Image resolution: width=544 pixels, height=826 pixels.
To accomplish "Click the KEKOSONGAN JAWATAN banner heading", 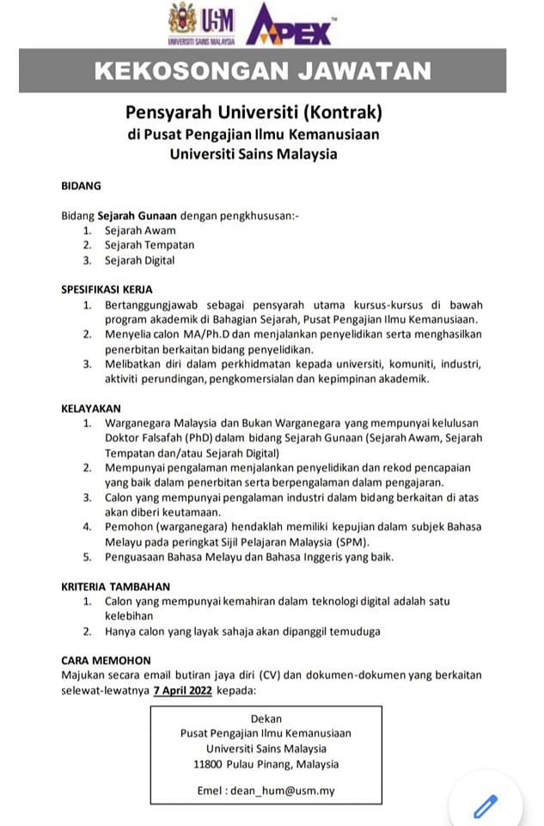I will [262, 71].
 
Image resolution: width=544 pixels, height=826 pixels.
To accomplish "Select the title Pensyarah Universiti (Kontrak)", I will [253, 113].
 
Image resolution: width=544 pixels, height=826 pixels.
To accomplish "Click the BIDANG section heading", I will [82, 185].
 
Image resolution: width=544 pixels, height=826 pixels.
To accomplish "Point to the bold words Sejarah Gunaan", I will [132, 214].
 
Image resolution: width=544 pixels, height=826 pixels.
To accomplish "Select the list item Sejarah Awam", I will [140, 230].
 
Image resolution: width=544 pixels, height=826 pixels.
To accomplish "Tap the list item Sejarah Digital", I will [139, 260].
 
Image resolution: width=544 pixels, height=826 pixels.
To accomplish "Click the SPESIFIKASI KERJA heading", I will [107, 290].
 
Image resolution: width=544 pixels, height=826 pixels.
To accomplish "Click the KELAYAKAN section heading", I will [91, 408].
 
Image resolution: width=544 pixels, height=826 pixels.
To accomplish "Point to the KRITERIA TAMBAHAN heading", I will [115, 586].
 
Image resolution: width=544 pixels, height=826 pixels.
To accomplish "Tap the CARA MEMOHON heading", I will [107, 660].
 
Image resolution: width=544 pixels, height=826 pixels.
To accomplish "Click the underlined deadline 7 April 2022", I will [182, 690].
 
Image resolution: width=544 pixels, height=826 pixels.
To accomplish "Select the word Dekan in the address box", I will [266, 718].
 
